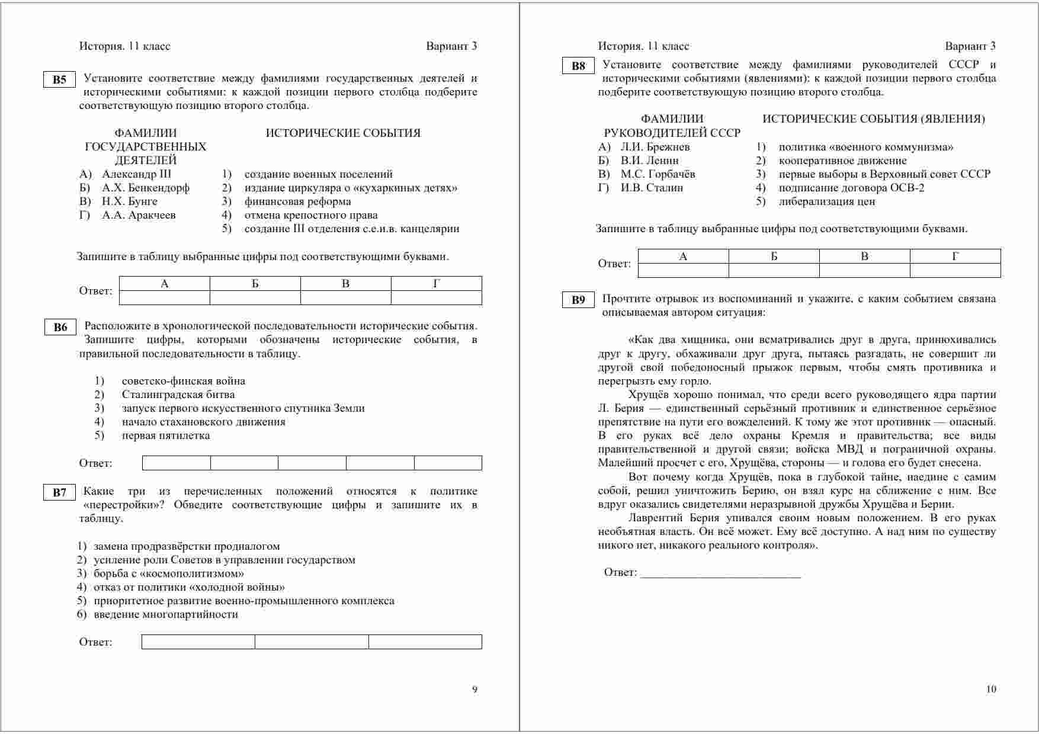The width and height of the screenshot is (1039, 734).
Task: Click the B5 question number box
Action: point(59,80)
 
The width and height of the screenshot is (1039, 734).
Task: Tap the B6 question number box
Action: point(60,328)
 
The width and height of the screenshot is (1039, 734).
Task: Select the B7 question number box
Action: point(59,493)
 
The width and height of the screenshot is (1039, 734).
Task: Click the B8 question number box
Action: point(578,66)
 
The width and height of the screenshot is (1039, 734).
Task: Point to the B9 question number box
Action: point(578,300)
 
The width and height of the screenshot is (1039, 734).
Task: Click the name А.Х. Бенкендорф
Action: point(146,188)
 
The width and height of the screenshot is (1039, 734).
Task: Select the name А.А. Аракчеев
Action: point(139,215)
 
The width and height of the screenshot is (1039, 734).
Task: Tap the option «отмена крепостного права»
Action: point(311,215)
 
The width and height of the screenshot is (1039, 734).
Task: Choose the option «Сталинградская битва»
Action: point(178,395)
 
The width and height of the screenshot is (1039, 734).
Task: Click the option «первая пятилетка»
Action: point(166,435)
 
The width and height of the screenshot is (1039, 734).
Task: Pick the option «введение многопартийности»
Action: point(166,614)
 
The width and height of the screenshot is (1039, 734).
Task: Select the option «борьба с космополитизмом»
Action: point(169,573)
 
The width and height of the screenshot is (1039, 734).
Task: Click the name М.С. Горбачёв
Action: point(658,174)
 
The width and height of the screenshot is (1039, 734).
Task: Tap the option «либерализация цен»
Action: point(826,201)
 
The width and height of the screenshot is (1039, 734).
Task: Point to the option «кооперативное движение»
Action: point(842,161)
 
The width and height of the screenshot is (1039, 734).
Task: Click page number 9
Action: point(474,689)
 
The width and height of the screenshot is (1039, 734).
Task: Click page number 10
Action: point(991,689)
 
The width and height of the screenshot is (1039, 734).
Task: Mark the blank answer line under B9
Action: point(720,573)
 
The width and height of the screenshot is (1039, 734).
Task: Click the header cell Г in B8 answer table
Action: point(955,257)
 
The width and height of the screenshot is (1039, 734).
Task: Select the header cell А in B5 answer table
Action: point(165,284)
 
